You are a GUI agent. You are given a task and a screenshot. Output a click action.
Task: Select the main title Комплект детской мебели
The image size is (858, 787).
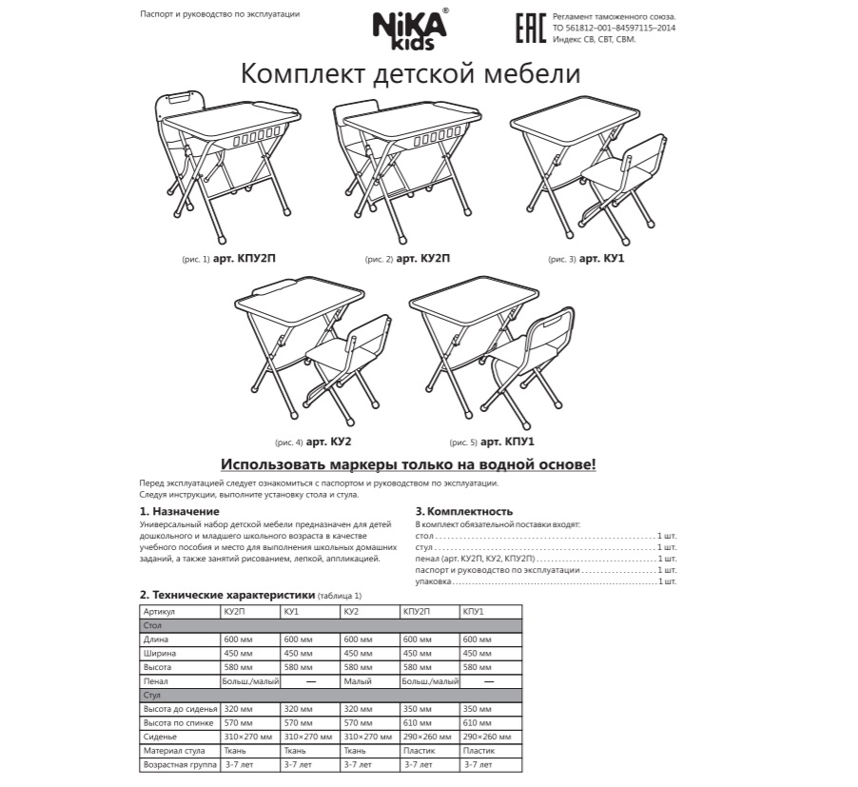pyautogui.click(x=410, y=73)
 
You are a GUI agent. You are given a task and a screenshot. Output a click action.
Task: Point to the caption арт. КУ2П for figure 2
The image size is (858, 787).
pyautogui.click(x=422, y=258)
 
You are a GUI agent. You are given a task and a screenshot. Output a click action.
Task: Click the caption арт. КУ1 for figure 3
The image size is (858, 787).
pyautogui.click(x=601, y=258)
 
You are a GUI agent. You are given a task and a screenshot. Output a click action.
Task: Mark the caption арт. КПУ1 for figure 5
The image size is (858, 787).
pyautogui.click(x=508, y=442)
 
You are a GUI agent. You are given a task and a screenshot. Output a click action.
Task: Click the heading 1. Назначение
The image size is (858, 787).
pyautogui.click(x=179, y=511)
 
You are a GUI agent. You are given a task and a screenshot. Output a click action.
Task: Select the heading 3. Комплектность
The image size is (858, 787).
pyautogui.click(x=464, y=511)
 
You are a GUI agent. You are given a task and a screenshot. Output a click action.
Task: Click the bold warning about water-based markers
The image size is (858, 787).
pyautogui.click(x=409, y=464)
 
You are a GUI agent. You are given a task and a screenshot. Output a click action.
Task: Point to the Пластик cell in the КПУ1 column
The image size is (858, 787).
pyautogui.click(x=478, y=751)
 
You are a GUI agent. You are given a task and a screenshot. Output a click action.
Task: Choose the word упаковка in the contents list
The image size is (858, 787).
pyautogui.click(x=434, y=580)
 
